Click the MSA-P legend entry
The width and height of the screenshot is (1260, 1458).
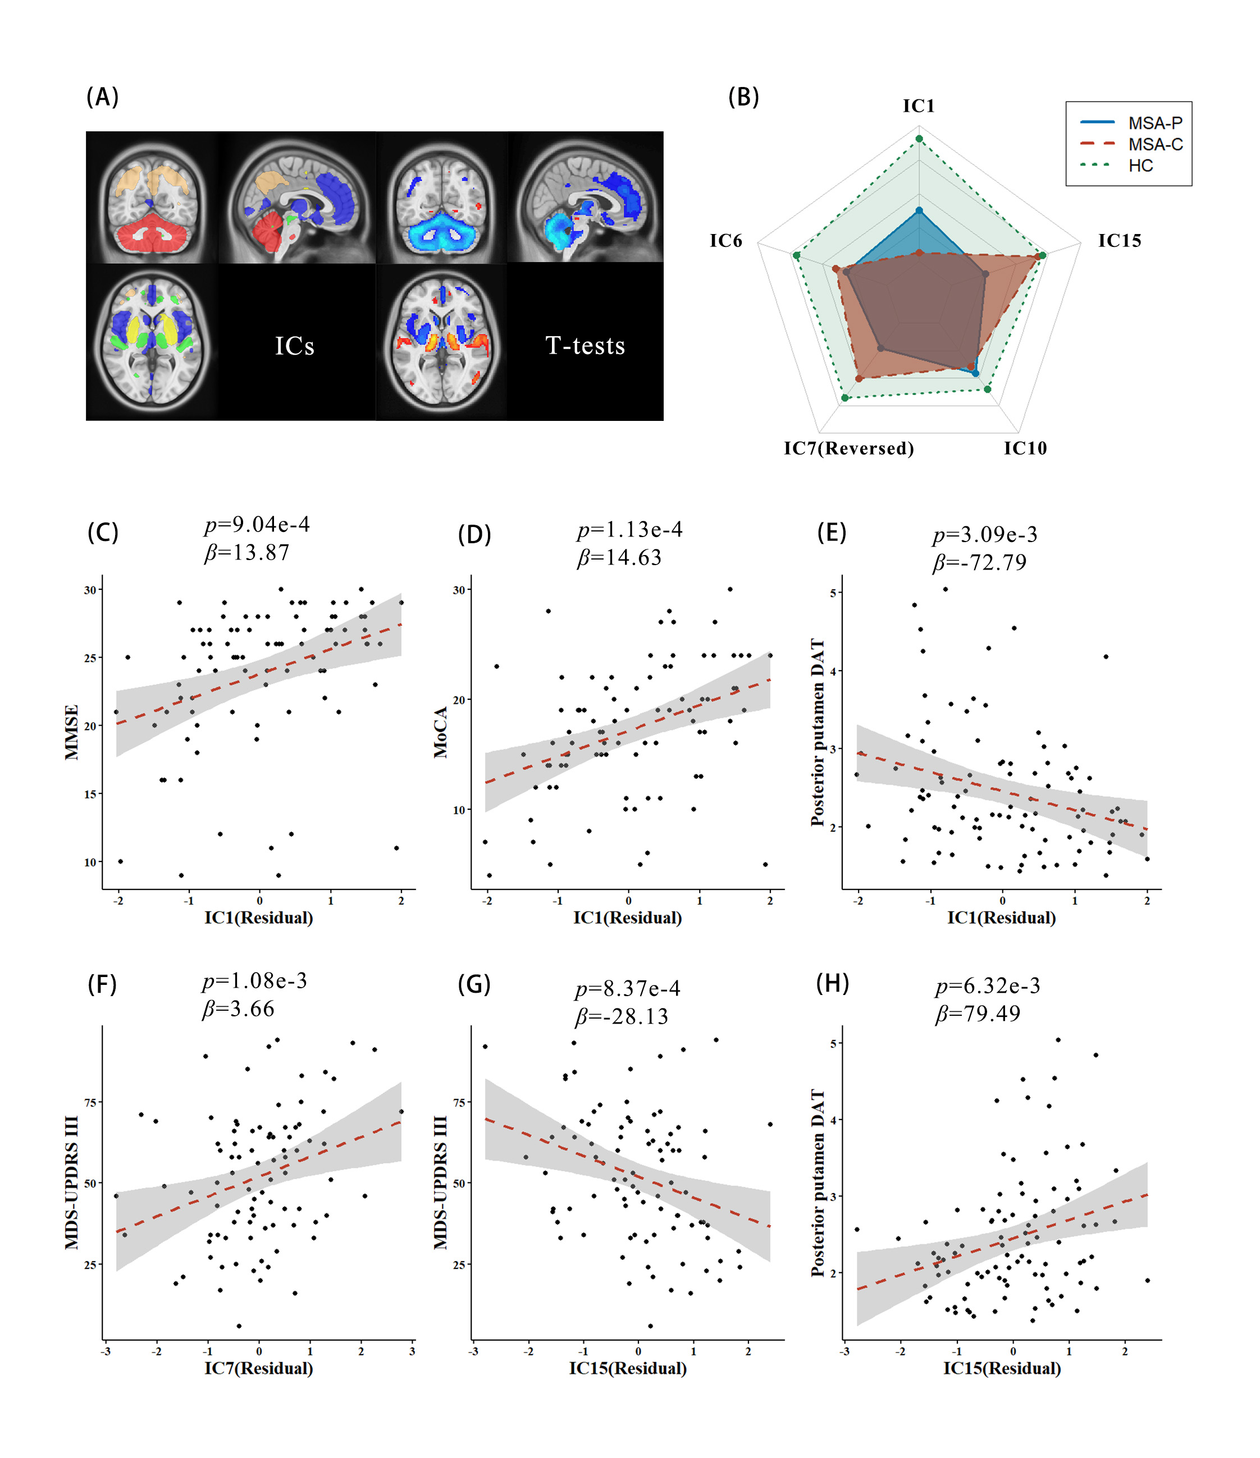(1154, 123)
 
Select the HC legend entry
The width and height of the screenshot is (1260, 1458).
(1140, 166)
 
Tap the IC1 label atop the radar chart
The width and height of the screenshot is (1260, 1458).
(919, 106)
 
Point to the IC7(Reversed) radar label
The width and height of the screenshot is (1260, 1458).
(848, 448)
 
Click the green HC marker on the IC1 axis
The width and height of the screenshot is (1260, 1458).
(919, 139)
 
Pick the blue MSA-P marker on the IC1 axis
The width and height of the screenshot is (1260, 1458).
(919, 210)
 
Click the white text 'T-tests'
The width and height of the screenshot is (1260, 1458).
(585, 346)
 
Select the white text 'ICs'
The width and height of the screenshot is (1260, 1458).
(294, 346)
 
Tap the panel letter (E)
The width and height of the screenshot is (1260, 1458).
(832, 533)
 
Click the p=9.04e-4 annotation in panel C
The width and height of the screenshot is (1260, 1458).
(257, 525)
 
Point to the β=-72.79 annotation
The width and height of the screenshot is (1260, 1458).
(979, 563)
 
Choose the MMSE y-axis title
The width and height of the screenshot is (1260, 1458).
(71, 732)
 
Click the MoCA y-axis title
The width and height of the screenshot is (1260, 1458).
(441, 732)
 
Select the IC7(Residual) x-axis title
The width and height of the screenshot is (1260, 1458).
(258, 1368)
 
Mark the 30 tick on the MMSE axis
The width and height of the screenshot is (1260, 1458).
(90, 590)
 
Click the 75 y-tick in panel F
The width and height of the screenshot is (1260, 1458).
(90, 1103)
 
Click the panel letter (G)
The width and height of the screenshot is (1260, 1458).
(474, 984)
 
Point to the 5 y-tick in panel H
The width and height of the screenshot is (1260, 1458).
(833, 1043)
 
